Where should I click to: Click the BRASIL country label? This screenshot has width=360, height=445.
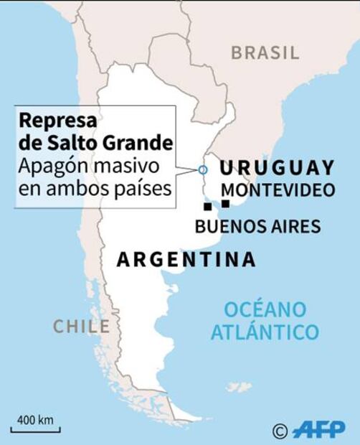coord(265,52)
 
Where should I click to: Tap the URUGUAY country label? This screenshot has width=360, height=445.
coord(277,168)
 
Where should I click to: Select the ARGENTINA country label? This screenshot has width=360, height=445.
coord(186,259)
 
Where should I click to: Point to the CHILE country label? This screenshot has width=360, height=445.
coord(81,327)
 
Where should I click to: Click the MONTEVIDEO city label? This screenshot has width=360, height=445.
coord(278,190)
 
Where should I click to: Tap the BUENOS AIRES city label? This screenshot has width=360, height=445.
coord(257,227)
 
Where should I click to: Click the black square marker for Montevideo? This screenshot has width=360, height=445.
coord(225,204)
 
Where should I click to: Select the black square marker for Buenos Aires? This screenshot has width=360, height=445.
coord(208,207)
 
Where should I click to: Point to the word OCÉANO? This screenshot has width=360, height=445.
coord(265,309)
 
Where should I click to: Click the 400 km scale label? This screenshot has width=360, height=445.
coord(35,419)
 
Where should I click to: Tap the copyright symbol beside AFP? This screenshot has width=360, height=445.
coord(280,431)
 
